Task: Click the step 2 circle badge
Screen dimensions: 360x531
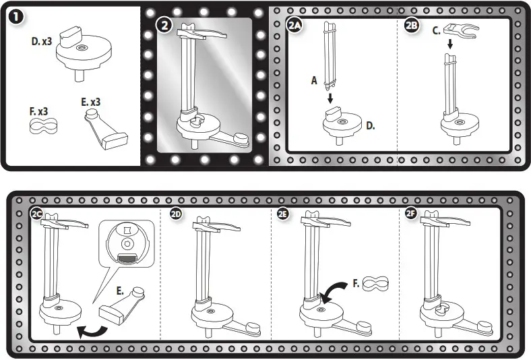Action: click(x=164, y=26)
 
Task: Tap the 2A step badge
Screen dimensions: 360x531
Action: click(x=295, y=26)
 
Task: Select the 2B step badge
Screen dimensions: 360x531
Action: click(x=412, y=26)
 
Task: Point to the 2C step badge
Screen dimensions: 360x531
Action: click(x=37, y=214)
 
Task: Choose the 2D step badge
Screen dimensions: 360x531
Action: click(x=176, y=214)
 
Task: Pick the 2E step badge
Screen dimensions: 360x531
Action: click(x=283, y=214)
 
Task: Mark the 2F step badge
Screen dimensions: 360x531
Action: click(x=411, y=214)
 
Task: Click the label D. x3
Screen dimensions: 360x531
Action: click(x=43, y=41)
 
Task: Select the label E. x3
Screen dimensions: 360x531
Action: click(x=92, y=102)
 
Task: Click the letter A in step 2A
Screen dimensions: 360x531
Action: click(x=313, y=80)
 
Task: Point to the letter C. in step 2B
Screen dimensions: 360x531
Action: click(x=436, y=30)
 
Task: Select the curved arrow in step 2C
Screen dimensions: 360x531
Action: click(x=92, y=330)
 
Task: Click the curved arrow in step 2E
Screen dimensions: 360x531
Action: click(x=334, y=292)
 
